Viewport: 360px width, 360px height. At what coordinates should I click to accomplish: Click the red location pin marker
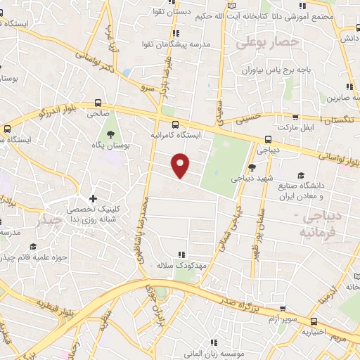181,165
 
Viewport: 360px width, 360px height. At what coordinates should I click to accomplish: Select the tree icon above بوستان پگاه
110,134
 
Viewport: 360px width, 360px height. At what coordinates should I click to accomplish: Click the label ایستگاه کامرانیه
179,134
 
